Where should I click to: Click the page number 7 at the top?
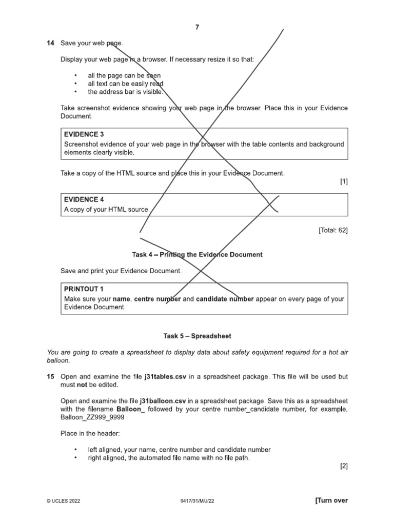(x=197, y=27)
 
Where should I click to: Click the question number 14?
(x=50, y=43)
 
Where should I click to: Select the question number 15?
(x=50, y=376)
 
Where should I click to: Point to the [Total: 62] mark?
(x=333, y=231)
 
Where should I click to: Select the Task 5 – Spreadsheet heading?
(x=197, y=336)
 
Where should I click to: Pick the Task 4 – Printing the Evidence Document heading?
(x=197, y=254)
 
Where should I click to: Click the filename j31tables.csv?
(x=163, y=376)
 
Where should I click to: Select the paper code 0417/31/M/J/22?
(x=197, y=501)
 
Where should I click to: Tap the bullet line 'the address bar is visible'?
(x=125, y=92)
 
